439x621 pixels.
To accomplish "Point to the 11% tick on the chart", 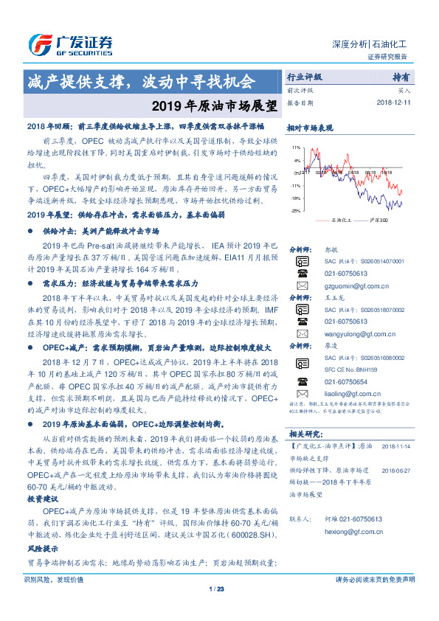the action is (296, 148).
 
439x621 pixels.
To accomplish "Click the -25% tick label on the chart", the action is (295, 211).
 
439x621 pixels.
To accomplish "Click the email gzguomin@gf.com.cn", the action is (351, 285).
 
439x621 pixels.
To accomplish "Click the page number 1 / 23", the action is (216, 609).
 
